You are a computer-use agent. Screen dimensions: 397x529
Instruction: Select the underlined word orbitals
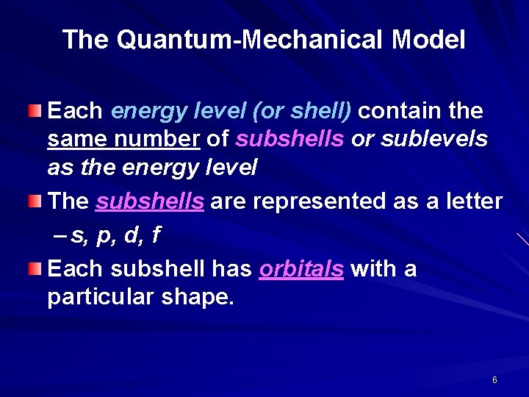coord(301,269)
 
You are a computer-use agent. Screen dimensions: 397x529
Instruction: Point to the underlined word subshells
coord(150,201)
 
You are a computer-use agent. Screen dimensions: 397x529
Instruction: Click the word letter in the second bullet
coord(472,201)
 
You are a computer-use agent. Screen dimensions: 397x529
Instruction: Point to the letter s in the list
coord(76,237)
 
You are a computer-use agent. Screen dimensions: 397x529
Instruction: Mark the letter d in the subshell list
coord(130,236)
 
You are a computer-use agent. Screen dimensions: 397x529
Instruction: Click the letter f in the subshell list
coord(156,236)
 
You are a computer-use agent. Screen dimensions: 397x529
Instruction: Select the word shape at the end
coord(198,298)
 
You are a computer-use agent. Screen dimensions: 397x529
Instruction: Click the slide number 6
coord(494,380)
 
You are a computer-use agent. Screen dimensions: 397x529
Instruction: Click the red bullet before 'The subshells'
coord(36,200)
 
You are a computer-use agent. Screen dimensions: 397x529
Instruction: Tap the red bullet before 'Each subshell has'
coord(36,269)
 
